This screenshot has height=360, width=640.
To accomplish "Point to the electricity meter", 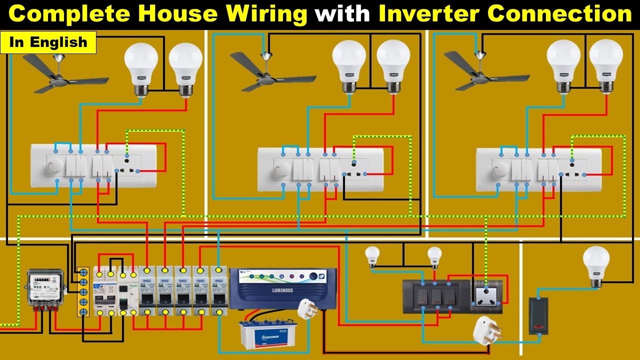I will click(x=45, y=288).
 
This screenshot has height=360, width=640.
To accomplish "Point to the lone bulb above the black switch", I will click(x=596, y=265).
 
